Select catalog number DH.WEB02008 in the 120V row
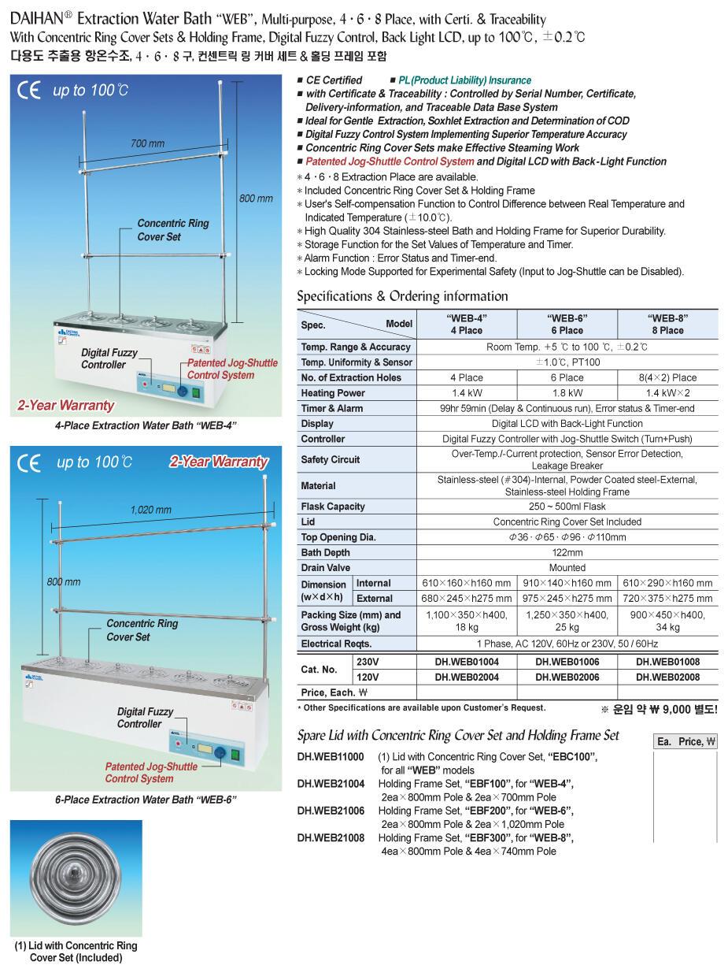pyautogui.click(x=667, y=677)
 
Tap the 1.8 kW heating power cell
pyautogui.click(x=567, y=393)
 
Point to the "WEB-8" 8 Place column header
pyautogui.click(x=667, y=324)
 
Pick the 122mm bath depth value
pyautogui.click(x=567, y=553)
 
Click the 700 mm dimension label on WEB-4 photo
pyautogui.click(x=148, y=143)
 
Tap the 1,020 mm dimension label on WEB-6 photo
pyautogui.click(x=150, y=510)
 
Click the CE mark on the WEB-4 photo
pyautogui.click(x=28, y=91)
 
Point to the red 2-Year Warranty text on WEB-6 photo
pyautogui.click(x=219, y=462)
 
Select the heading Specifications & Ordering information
pyautogui.click(x=402, y=296)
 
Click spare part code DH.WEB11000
pyautogui.click(x=331, y=757)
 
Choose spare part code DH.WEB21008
pyautogui.click(x=331, y=838)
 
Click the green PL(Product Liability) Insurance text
pyautogui.click(x=464, y=80)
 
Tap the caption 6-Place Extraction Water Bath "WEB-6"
pyautogui.click(x=146, y=800)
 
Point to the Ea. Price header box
pyautogui.click(x=686, y=741)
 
